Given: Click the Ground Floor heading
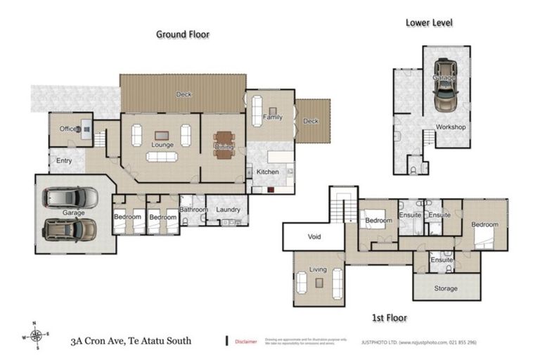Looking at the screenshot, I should (183, 34).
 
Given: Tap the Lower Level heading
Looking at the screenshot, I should (429, 22).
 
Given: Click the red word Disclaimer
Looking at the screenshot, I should (245, 341).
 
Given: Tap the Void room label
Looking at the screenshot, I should (314, 237).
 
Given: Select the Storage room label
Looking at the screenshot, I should (445, 288).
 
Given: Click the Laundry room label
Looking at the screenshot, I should (229, 209).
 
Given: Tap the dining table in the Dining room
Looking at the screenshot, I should (224, 144).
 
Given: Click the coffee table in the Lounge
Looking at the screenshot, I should (162, 136).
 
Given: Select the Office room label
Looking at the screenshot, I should (67, 129).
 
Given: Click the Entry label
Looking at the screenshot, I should (64, 160).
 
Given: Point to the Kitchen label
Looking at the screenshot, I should (267, 172).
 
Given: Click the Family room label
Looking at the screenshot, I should (272, 117).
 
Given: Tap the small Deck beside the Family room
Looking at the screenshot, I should (310, 121).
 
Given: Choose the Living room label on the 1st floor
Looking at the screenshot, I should (319, 269).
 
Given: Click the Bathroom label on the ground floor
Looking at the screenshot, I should (193, 210).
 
